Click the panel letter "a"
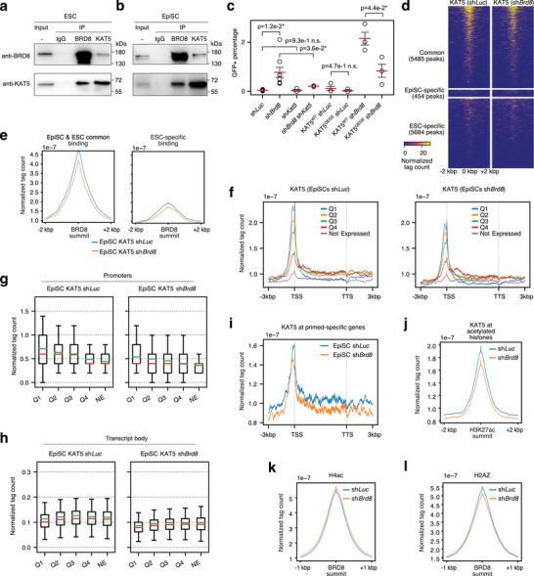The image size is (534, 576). [x=5, y=7]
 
